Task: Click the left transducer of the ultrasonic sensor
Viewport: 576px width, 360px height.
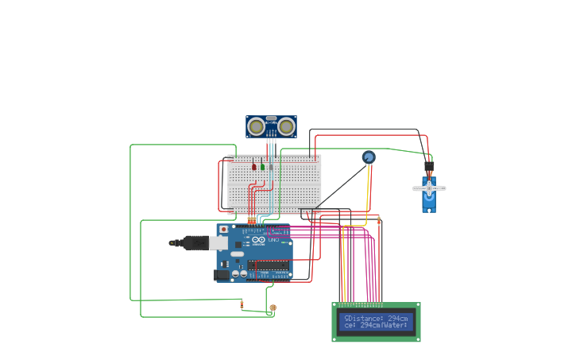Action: [256, 126]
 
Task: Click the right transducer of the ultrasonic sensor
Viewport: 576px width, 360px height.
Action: [286, 126]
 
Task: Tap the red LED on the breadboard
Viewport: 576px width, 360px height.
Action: [254, 166]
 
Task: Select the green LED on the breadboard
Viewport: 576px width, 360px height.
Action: [262, 166]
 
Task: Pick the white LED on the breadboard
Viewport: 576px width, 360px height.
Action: [271, 166]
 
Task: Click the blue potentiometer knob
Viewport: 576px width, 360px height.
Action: [369, 157]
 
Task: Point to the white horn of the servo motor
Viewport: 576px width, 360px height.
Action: [429, 188]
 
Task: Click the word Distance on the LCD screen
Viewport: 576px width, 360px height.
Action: [373, 318]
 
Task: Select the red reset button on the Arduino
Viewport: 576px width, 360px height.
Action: [223, 230]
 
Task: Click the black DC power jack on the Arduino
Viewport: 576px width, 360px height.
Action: [222, 275]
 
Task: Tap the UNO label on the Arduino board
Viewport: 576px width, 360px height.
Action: [273, 239]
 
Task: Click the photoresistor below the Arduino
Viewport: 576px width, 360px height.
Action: [273, 308]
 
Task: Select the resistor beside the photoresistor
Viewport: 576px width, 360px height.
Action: [242, 304]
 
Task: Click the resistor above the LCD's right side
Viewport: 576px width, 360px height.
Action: [379, 220]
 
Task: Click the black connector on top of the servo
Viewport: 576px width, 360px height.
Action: [429, 167]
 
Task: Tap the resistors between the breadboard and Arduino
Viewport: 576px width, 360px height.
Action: [252, 220]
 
